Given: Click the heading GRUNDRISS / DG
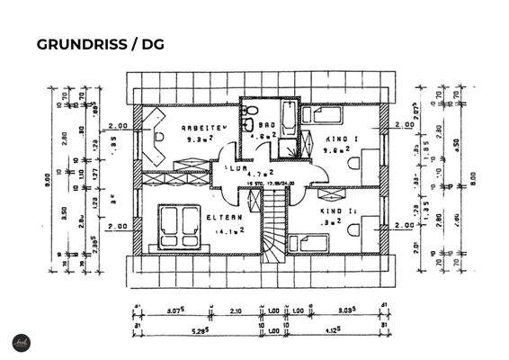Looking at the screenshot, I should tap(99, 44).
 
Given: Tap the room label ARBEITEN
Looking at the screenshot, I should tap(200, 127).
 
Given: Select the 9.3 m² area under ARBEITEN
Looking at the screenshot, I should tap(199, 139).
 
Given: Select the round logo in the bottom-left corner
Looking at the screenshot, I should tap(17, 343).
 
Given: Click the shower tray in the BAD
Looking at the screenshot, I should tap(285, 148).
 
